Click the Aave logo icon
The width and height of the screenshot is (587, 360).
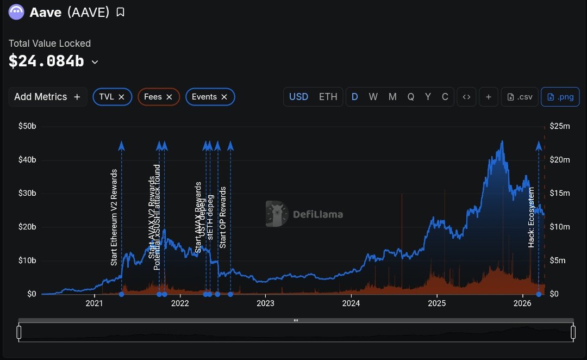(x=16, y=11)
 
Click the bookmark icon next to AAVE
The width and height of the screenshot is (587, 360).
(x=120, y=12)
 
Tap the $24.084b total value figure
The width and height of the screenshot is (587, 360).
(x=46, y=61)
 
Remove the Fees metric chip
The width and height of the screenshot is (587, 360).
(x=169, y=97)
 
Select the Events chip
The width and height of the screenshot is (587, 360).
(x=204, y=97)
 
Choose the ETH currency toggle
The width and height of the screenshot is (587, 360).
(x=328, y=97)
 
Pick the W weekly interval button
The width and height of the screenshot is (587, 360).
(x=373, y=97)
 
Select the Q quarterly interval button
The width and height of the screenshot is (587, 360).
(x=411, y=97)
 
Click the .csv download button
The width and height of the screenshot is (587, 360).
(x=520, y=97)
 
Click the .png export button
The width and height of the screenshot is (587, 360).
(x=560, y=97)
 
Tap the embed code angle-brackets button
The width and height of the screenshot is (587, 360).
(x=466, y=97)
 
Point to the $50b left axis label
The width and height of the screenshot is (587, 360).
(x=27, y=126)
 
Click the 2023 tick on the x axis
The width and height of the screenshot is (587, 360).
(x=265, y=303)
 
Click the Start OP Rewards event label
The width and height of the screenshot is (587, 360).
(x=223, y=218)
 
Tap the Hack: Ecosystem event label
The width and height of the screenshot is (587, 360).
(x=532, y=218)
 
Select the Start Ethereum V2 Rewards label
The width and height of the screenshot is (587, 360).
(x=114, y=218)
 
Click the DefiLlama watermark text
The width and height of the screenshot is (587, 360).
(x=318, y=214)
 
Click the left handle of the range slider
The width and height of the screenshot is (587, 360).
(x=19, y=332)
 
